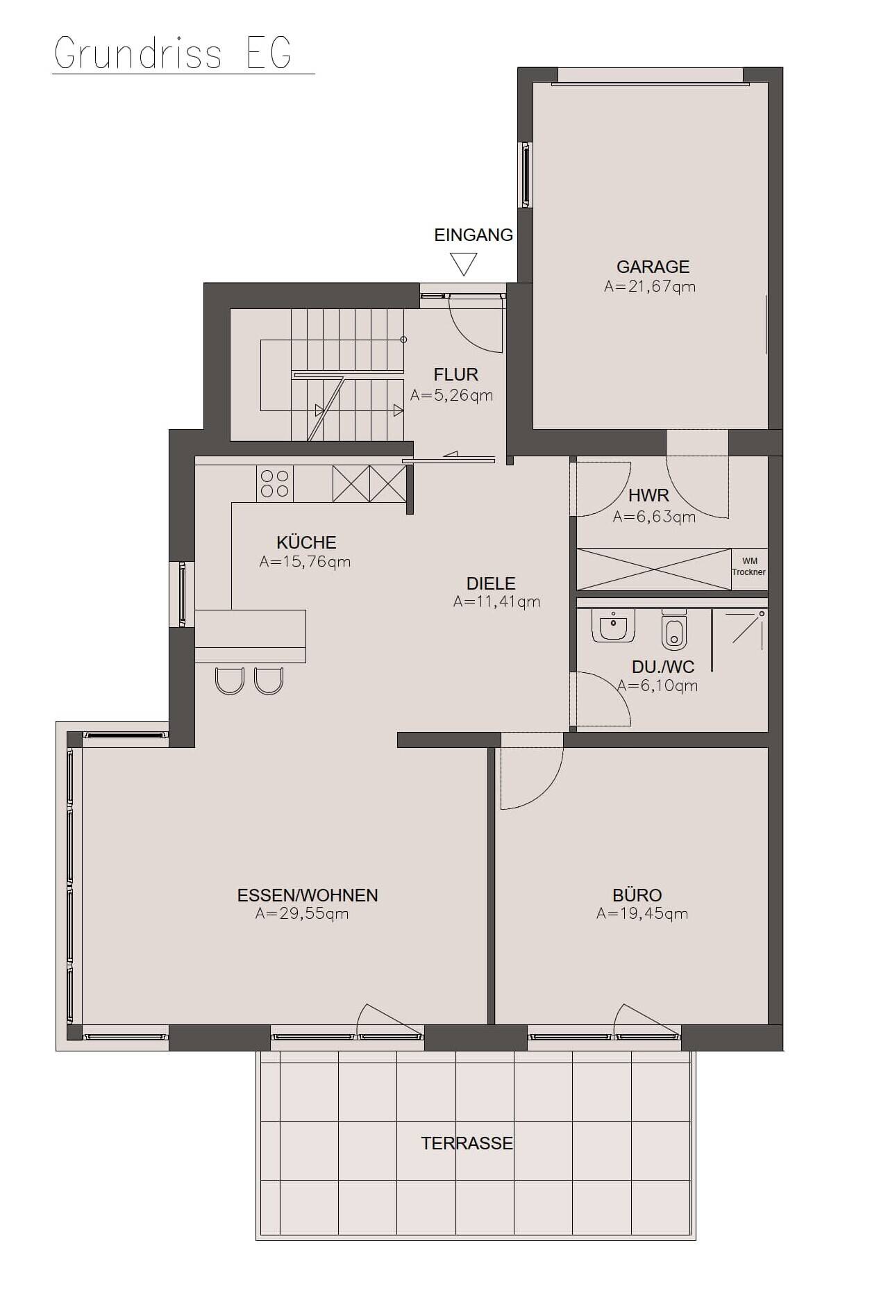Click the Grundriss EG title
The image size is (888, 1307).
tap(172, 53)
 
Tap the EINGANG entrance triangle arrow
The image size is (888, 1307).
tap(463, 264)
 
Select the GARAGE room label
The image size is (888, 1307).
tap(653, 267)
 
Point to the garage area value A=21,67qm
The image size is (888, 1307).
tap(650, 286)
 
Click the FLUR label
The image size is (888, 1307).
tap(456, 375)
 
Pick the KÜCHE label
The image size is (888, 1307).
tap(306, 542)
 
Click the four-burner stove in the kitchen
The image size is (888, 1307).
tap(274, 483)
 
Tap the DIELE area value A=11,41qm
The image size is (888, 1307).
tap(496, 601)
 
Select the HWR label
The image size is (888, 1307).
tap(648, 496)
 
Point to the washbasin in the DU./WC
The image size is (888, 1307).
tap(614, 624)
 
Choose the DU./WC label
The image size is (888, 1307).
tap(663, 667)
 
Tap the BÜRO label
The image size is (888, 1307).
tap(637, 896)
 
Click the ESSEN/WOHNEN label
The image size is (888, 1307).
tap(308, 896)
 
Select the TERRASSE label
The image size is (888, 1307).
tap(467, 1144)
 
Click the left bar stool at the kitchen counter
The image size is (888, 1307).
tap(230, 681)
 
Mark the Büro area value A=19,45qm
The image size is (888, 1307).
tap(642, 914)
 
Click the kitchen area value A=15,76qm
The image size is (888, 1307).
tap(305, 562)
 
